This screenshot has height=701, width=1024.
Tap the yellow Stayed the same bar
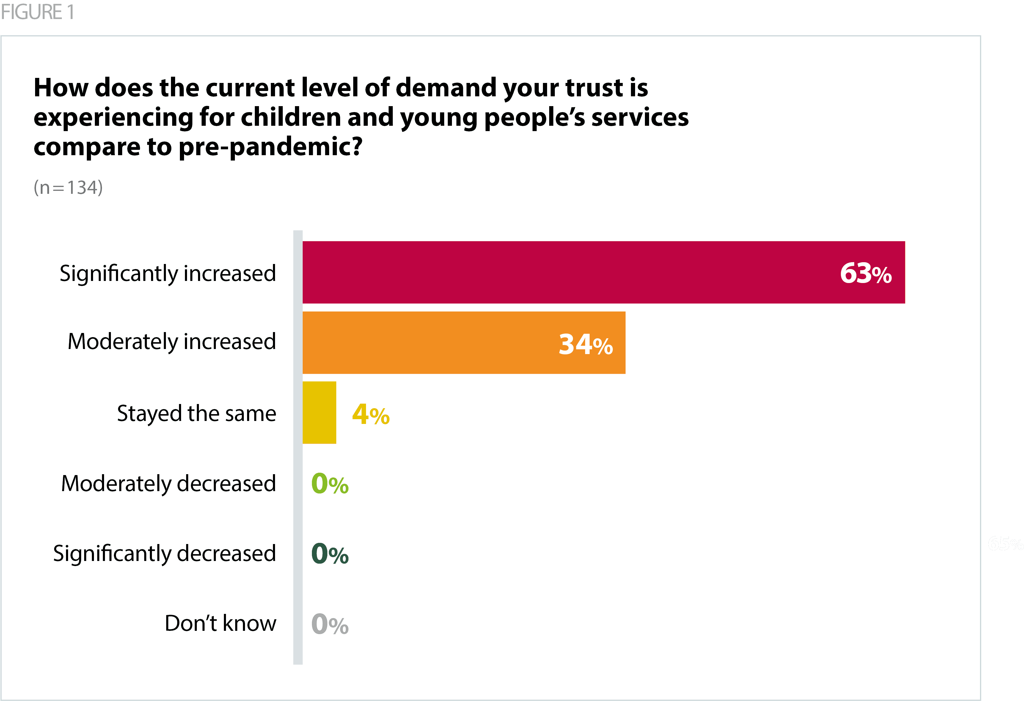pos(319,412)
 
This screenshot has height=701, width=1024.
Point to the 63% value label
pos(866,273)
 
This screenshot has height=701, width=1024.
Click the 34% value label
pos(585,344)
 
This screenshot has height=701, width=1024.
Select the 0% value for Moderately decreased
pos(329,484)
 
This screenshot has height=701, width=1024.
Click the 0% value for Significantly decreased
pos(329,554)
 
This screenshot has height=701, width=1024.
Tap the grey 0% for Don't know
pos(329,624)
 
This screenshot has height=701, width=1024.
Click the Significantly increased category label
pos(168,274)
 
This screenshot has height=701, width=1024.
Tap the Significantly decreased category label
pos(164,554)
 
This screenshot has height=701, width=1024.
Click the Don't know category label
pos(220,623)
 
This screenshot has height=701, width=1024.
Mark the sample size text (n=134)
pos(68,187)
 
